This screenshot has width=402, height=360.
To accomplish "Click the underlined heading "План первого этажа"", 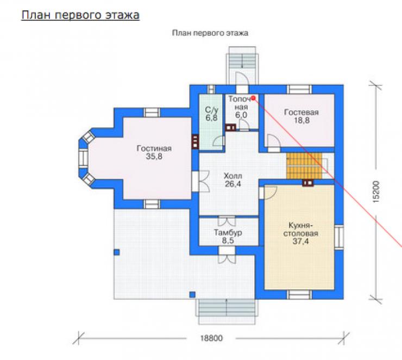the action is pos(80,15).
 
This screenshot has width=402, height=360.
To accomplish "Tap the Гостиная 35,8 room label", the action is pos(154,152).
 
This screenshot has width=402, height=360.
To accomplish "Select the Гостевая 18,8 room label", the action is pos(301,116).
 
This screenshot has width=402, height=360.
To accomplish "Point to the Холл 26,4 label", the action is pos(233,180).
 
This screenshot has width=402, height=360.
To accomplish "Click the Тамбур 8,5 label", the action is pos(228,237).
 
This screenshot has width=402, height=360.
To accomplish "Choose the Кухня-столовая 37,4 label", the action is pos(301,233).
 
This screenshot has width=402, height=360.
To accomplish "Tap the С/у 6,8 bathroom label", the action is pos(211,114).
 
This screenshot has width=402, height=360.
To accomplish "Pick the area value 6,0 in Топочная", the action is pos(241,115).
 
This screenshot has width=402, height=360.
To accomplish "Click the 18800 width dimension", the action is pos(211,338).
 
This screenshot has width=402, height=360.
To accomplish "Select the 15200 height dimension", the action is pos(376,192).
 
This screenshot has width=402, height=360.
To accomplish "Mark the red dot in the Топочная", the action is pos(253,98).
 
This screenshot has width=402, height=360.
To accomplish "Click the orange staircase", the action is pos(304,166).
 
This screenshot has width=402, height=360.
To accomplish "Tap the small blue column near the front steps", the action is pos(192,295).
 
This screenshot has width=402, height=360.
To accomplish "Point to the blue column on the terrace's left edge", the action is pos(117,252).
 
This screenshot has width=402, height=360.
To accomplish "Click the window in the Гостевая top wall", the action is pos(299,89).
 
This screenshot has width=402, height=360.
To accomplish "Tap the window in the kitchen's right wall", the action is pos(339,237).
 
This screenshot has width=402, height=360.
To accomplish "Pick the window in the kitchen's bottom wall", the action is pos(299,295).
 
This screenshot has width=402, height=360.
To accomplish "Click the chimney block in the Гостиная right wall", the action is pos(195,141).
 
